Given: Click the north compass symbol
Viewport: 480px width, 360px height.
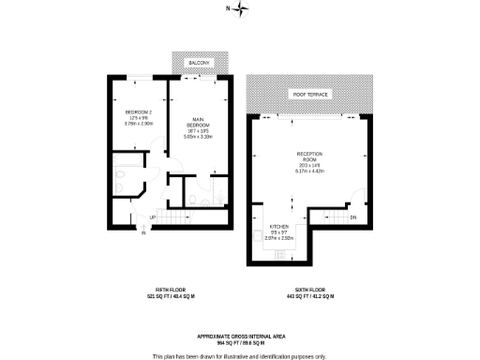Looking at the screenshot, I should pyautogui.click(x=242, y=9).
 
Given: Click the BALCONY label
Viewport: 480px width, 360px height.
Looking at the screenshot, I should pyautogui.click(x=197, y=63).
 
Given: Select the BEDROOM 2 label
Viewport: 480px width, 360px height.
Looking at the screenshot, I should pyautogui.click(x=139, y=112).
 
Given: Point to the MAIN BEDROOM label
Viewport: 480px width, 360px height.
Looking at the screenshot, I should pyautogui.click(x=198, y=121).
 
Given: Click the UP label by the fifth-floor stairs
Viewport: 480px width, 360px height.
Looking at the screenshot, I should pyautogui.click(x=151, y=219).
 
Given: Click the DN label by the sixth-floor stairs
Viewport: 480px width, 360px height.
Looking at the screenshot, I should pyautogui.click(x=353, y=218).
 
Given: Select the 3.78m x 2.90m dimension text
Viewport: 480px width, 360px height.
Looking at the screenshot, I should pyautogui.click(x=139, y=123).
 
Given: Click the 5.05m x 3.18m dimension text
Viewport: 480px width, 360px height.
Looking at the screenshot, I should pyautogui.click(x=198, y=136).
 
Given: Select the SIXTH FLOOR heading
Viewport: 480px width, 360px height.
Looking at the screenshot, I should pyautogui.click(x=311, y=291).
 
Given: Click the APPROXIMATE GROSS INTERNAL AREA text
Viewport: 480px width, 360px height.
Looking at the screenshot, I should pyautogui.click(x=239, y=336).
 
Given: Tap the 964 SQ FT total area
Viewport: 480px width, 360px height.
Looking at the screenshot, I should pyautogui.click(x=239, y=342).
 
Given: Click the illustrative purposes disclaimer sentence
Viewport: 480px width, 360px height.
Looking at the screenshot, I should pyautogui.click(x=239, y=355).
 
